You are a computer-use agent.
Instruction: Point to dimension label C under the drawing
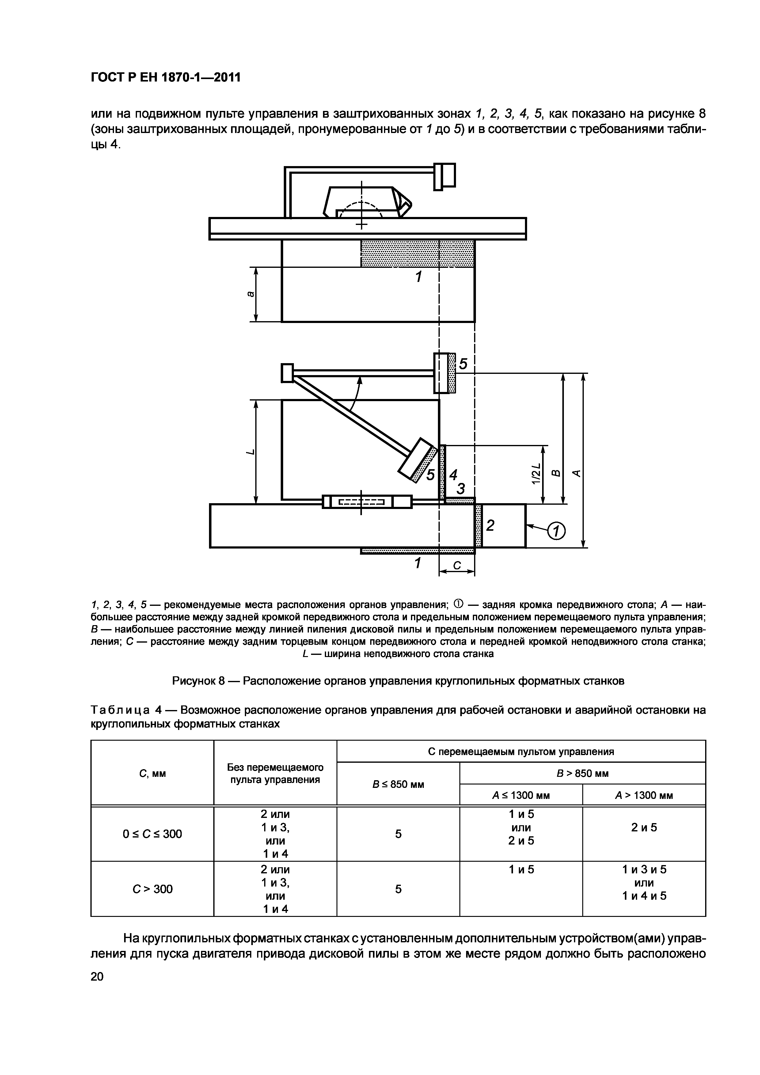[457, 566]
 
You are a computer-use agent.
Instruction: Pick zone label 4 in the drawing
[453, 475]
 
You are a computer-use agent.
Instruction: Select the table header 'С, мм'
[152, 773]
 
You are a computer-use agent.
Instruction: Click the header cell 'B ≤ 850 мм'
[398, 784]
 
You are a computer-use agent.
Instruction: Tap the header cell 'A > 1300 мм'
[644, 795]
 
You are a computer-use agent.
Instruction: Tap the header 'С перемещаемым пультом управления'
[521, 751]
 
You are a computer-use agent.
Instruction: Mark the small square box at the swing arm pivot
[287, 373]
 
